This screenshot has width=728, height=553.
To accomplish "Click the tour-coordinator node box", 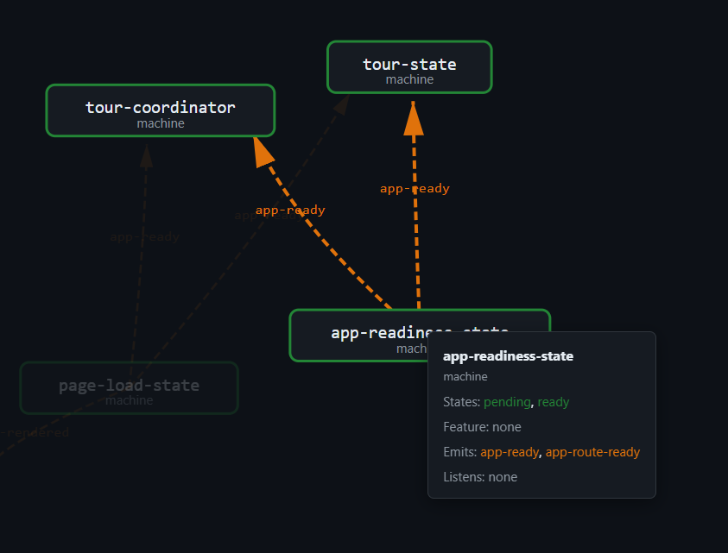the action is click(x=160, y=110).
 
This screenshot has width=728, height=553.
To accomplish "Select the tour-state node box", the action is click(x=409, y=67).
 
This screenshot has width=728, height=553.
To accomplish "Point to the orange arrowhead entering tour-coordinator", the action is click(x=263, y=151).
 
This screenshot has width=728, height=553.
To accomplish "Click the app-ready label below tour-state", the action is click(x=415, y=188).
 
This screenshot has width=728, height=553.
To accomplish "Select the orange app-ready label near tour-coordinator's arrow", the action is click(x=290, y=210).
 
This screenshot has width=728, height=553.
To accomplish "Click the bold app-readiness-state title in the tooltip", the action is click(x=508, y=355).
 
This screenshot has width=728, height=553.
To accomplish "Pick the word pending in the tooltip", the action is click(x=507, y=402).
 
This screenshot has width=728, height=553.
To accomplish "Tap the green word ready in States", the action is click(x=554, y=402).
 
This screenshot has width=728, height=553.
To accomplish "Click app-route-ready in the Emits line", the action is click(x=592, y=452).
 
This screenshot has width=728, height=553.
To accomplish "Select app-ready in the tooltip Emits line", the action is click(x=509, y=452).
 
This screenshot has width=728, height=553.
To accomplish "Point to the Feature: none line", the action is click(x=482, y=427).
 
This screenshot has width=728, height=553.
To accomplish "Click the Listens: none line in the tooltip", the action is click(x=480, y=477).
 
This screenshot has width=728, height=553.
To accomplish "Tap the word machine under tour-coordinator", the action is click(x=160, y=123).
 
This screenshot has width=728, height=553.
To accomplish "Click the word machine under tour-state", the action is click(x=409, y=79).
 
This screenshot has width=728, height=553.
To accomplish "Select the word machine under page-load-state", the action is click(x=129, y=400).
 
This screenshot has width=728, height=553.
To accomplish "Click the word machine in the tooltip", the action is click(x=465, y=376).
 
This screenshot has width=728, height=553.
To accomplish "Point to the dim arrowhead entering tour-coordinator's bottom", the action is click(x=147, y=155).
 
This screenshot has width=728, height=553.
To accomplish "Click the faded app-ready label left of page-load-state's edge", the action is click(x=144, y=236).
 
